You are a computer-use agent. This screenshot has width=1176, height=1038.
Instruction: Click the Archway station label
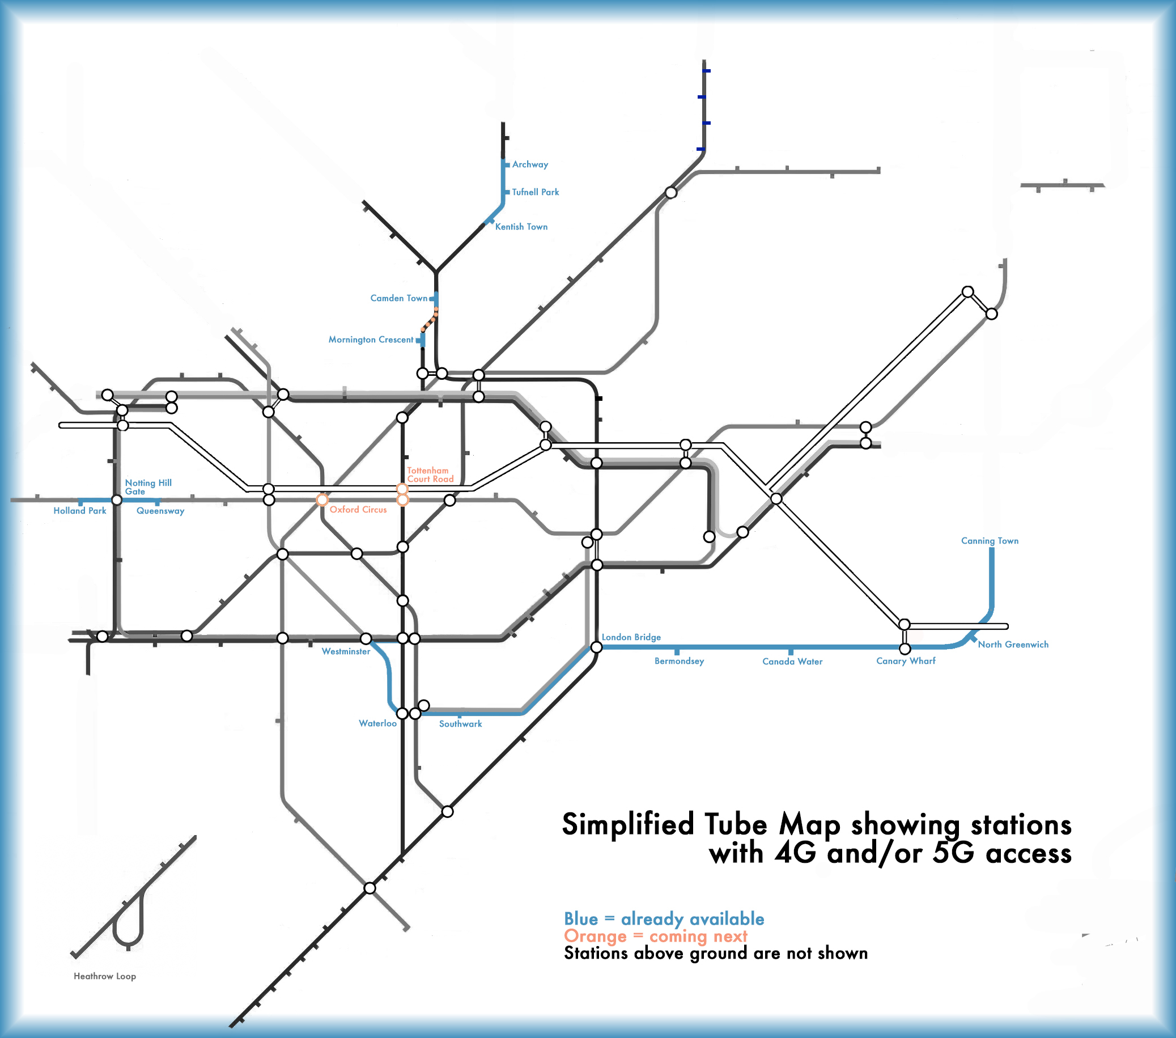pos(530,164)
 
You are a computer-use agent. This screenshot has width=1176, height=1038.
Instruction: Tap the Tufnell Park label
pos(535,192)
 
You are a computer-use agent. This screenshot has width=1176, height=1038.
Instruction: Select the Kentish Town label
pos(521,227)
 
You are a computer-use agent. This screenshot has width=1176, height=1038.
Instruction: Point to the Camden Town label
pos(399,298)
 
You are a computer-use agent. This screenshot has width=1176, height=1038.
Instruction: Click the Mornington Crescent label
pos(371,340)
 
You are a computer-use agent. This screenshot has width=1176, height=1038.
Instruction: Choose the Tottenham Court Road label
pos(430,474)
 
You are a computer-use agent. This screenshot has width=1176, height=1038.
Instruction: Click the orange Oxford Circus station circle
pos(322,499)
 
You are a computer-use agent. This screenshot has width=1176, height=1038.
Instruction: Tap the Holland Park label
pos(79,510)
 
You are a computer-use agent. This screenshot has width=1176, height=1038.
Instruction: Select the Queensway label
pos(160,511)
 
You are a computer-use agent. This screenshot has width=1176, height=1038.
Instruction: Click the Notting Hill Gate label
pos(148,487)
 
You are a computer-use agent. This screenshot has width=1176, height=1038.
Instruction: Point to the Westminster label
pos(346,651)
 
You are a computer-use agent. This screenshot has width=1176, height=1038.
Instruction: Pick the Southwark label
pos(460,724)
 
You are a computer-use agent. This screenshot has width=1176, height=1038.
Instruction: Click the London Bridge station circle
pos(597,647)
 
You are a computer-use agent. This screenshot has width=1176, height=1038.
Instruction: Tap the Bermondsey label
pos(679,661)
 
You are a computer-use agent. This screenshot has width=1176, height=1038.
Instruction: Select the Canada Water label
pos(792,662)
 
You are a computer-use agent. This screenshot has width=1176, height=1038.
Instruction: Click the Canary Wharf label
pos(906,661)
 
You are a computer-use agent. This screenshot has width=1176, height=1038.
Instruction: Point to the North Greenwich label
pos(1013,645)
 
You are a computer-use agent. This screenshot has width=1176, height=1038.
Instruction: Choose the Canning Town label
pos(990,541)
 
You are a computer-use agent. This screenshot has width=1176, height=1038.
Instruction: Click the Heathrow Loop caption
pos(105,976)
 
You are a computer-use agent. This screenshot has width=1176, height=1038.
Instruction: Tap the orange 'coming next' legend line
pos(655,936)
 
